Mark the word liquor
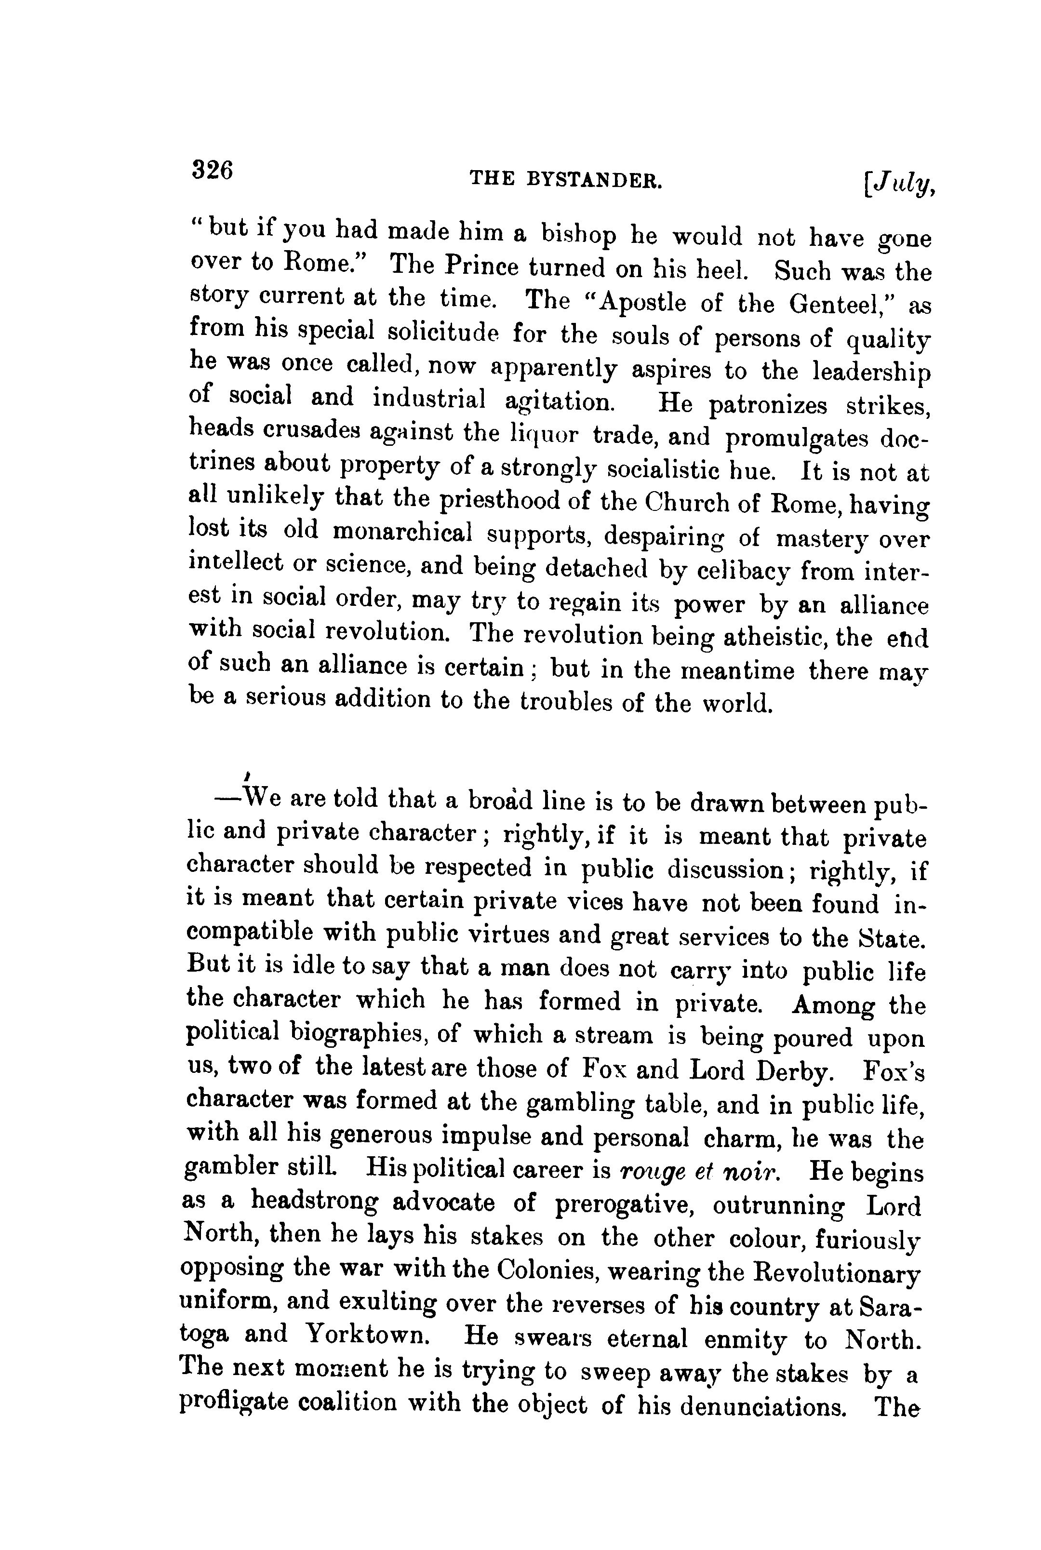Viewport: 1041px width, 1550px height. tap(544, 435)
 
